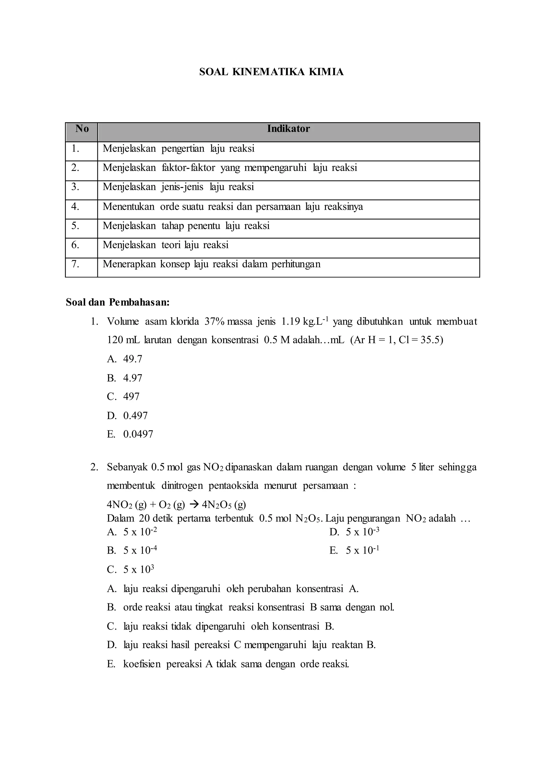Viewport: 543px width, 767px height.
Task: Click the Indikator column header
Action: [x=288, y=129]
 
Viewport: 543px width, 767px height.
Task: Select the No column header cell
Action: [x=82, y=129]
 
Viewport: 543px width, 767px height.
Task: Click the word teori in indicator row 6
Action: [x=172, y=245]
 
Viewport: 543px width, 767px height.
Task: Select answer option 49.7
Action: [x=133, y=359]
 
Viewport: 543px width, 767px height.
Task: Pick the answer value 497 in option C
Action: [x=131, y=396]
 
